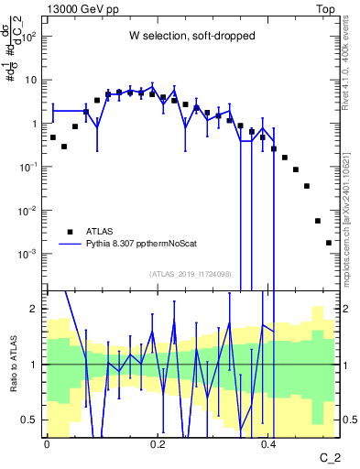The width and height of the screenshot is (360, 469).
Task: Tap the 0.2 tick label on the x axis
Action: [x=158, y=444]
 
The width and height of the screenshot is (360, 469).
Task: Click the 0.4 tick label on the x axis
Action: [x=268, y=444]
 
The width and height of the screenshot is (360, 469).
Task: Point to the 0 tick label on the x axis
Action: [x=47, y=444]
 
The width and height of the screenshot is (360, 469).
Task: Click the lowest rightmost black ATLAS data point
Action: [x=329, y=243]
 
